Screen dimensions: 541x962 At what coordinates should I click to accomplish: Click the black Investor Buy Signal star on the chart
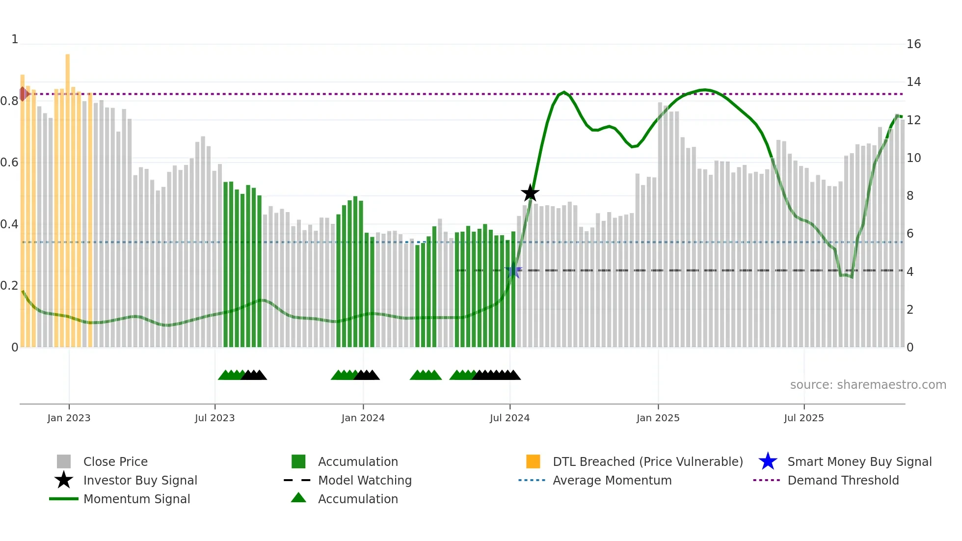(x=530, y=193)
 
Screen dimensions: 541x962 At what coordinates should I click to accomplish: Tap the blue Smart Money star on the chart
(x=513, y=270)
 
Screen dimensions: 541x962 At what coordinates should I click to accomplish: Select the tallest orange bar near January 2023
(x=68, y=196)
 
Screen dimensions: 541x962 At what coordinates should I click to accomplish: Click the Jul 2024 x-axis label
(x=509, y=418)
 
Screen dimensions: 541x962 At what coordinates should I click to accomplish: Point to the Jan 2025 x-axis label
(x=658, y=418)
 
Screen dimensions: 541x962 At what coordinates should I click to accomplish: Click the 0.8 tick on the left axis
(x=9, y=101)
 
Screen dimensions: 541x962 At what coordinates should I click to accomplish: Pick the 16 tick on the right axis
(x=913, y=44)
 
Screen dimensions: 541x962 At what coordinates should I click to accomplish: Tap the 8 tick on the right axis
(x=910, y=196)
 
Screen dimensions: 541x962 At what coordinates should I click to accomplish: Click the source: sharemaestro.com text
(x=868, y=385)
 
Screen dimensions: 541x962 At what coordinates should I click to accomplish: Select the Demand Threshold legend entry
(x=843, y=480)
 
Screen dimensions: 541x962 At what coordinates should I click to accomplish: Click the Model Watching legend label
(x=365, y=480)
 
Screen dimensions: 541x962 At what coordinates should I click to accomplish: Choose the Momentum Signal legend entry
(x=136, y=499)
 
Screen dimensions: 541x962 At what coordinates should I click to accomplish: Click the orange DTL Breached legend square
(x=533, y=461)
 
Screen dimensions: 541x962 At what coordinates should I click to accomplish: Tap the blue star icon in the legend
(x=768, y=461)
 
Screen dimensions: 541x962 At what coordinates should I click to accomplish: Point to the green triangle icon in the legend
(x=298, y=498)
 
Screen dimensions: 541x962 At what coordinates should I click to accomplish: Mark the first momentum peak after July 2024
(x=564, y=92)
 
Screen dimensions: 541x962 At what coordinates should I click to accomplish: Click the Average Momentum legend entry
(x=612, y=480)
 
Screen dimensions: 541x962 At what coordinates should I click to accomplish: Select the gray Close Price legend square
(x=64, y=461)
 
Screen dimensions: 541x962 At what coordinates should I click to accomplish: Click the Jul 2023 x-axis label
(x=214, y=418)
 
